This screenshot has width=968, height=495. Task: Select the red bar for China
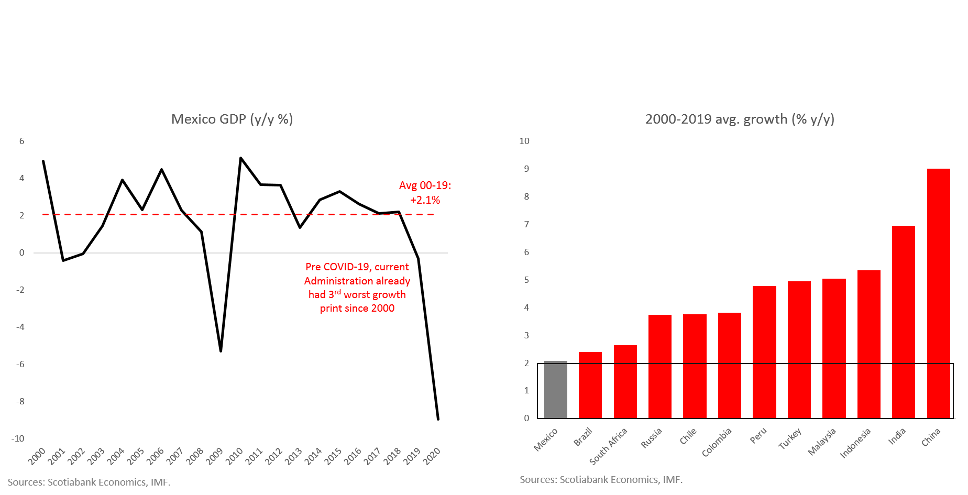[x=938, y=293]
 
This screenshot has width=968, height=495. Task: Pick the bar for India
[x=904, y=322]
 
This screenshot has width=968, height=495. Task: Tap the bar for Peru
[x=764, y=352]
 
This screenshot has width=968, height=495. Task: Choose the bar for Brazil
[x=590, y=385]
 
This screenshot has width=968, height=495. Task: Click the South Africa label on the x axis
[x=609, y=446]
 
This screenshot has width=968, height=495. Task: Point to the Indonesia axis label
[x=855, y=443]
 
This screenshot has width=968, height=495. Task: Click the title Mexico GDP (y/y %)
[x=232, y=119]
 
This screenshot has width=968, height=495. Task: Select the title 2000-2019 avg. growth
[x=740, y=119]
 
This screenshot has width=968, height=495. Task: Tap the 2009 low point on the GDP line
[x=221, y=351]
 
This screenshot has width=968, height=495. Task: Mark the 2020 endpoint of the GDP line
[x=438, y=419]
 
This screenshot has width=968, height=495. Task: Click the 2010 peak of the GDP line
[x=240, y=158]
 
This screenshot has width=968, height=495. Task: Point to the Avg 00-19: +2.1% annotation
[x=425, y=192]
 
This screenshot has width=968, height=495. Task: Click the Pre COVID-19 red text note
[x=357, y=288]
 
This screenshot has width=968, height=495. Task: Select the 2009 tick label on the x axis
[x=214, y=456]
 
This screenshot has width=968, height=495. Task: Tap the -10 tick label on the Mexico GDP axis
[x=18, y=439]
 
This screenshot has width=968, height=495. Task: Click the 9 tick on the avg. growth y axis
[x=526, y=169]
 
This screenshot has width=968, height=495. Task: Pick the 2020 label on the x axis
[x=432, y=456]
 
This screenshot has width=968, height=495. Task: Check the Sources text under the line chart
[x=89, y=482]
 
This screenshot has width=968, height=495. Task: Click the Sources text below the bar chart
[x=601, y=480]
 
